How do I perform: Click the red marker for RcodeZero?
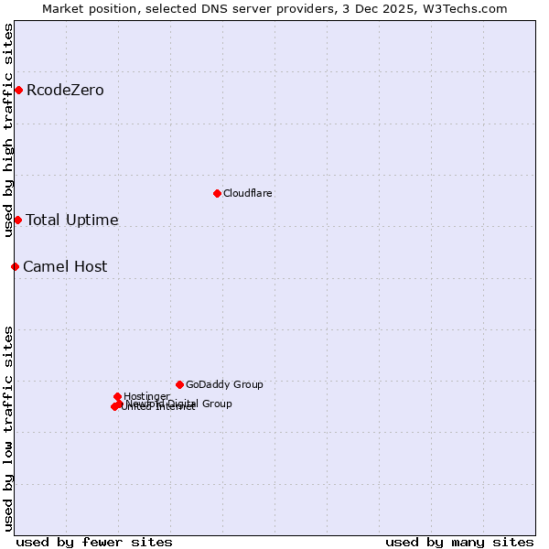[x=18, y=90]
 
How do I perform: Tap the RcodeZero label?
[x=65, y=90]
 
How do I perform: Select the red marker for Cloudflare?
[x=217, y=193]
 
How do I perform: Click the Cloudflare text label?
[x=247, y=193]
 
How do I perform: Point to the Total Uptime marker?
[x=17, y=220]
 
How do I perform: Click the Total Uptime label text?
[x=71, y=220]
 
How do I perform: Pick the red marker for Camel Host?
[x=15, y=266]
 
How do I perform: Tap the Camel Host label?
[x=65, y=266]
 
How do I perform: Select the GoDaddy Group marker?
[x=179, y=384]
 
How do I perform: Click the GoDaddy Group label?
[x=224, y=384]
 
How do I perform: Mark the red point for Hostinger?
[x=117, y=396]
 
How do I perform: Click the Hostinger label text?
[x=146, y=396]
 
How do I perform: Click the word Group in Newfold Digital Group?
[x=216, y=404]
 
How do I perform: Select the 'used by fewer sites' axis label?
[x=94, y=542]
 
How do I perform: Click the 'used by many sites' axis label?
[x=459, y=542]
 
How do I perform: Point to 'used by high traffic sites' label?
[x=9, y=130]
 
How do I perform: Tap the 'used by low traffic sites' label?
[x=9, y=427]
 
